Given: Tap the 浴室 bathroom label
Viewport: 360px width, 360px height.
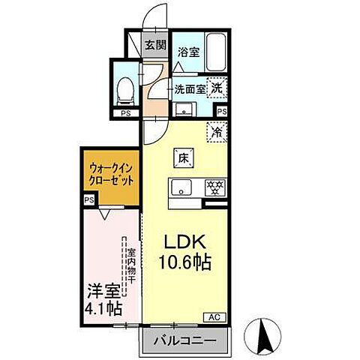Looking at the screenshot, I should coord(187,53).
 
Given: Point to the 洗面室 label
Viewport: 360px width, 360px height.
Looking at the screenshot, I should coord(188,88).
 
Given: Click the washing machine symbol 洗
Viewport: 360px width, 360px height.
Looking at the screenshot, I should coord(216,87).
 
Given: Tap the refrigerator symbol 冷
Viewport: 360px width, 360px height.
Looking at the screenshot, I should coord(217,130).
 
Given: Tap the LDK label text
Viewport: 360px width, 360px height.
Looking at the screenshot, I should coord(187,244).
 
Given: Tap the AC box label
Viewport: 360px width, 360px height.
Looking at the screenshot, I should coord(212,316).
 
